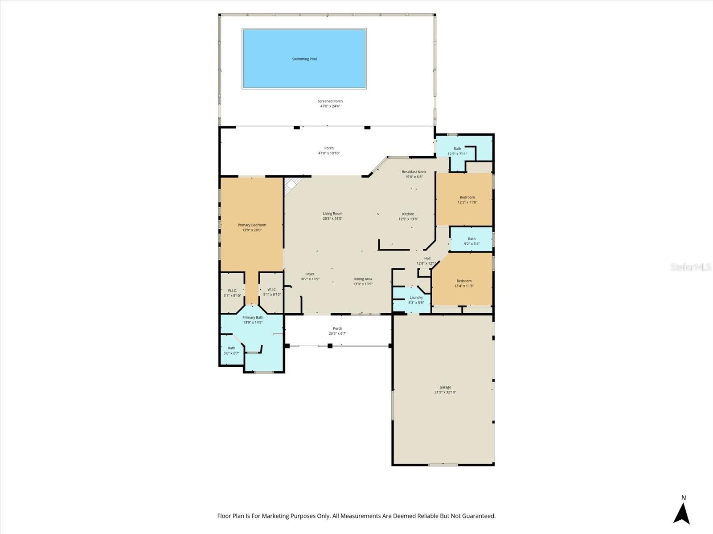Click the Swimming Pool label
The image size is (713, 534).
[304, 59]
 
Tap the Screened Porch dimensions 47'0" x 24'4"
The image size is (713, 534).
[330, 106]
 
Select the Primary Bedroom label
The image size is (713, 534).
[252, 225]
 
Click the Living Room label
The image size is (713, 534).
[332, 214]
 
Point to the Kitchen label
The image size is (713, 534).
[408, 214]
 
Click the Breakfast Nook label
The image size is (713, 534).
[414, 172]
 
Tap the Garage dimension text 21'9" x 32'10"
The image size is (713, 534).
[445, 392]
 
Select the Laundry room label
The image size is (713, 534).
[416, 298]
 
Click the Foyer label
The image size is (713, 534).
[310, 274]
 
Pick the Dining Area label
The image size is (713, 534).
[363, 279]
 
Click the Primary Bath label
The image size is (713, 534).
[253, 317]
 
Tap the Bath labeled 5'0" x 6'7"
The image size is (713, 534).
[231, 351]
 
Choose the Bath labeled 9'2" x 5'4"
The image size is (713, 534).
[471, 241]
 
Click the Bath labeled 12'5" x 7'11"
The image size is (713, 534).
[457, 151]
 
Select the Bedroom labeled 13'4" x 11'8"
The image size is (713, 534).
[464, 283]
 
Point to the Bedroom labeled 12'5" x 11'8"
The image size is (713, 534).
[467, 199]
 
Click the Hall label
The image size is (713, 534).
[427, 258]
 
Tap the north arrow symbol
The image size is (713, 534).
[681, 512]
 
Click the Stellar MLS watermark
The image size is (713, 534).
[691, 267]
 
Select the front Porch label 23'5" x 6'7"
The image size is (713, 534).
[337, 331]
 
